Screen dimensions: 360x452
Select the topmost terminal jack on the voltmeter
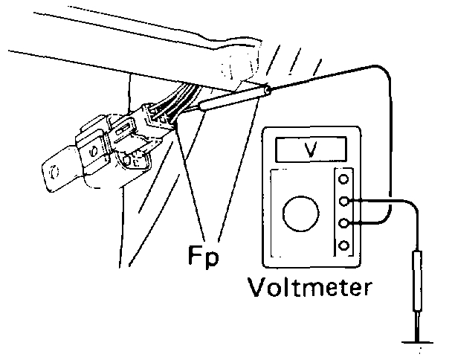(x=343, y=179)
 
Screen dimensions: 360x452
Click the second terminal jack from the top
(x=343, y=201)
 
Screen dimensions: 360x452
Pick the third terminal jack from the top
(x=343, y=222)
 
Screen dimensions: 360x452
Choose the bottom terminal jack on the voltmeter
(x=343, y=245)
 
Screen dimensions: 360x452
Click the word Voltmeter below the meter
(x=312, y=286)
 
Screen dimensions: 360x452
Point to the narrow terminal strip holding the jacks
(x=343, y=212)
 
